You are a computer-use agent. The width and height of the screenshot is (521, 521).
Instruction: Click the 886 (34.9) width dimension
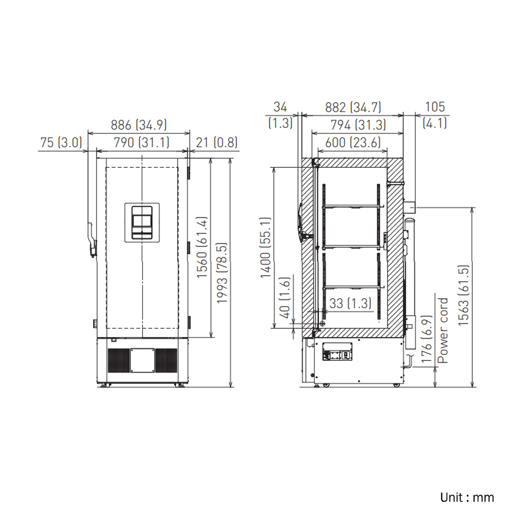[x=139, y=125]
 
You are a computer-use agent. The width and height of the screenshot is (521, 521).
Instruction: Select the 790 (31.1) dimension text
[x=142, y=143]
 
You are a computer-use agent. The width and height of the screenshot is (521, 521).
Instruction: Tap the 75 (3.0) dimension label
[x=61, y=143]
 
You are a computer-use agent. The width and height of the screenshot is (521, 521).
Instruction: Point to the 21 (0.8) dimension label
[x=217, y=143]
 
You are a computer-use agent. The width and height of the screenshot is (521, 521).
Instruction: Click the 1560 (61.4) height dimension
[x=202, y=247]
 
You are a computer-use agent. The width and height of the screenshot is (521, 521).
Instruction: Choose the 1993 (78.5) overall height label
[x=221, y=273]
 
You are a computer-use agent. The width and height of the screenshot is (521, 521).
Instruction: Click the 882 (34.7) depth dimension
[x=353, y=107]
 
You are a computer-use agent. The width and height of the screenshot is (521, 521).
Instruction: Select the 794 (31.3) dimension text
[x=358, y=125]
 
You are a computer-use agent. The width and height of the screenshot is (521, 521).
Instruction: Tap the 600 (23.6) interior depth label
[x=353, y=143]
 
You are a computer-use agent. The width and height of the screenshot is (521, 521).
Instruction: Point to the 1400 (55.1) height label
[x=266, y=247]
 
